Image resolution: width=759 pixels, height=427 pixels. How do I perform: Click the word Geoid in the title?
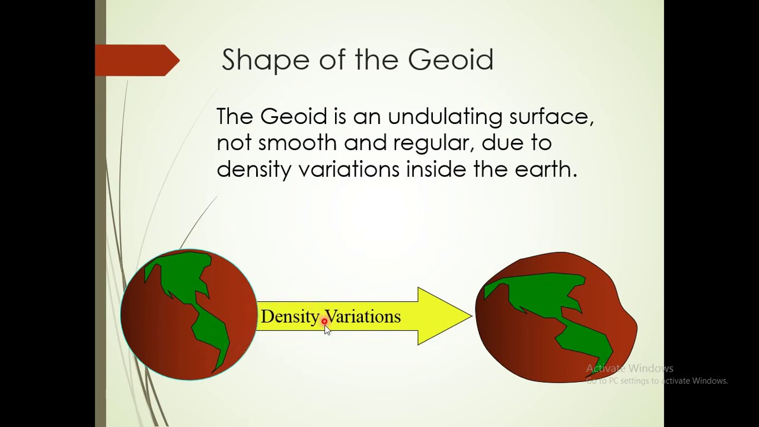(x=451, y=60)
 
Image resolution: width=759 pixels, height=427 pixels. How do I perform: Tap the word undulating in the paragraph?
(x=445, y=117)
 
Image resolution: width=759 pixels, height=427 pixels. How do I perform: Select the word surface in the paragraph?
(x=551, y=117)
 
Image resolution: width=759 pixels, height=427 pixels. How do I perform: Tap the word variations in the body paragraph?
(x=349, y=170)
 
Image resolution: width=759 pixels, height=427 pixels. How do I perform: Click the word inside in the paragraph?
(x=436, y=170)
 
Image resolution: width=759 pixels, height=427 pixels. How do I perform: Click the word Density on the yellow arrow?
(x=290, y=317)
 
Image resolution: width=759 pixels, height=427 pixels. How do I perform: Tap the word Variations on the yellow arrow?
(x=363, y=317)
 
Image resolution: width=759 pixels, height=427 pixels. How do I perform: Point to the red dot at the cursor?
(x=324, y=321)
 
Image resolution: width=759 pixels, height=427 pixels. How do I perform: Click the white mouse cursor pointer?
(x=327, y=330)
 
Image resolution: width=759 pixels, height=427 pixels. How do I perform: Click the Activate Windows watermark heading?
(x=629, y=368)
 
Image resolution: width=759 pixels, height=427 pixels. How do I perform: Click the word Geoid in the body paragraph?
(x=294, y=117)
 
